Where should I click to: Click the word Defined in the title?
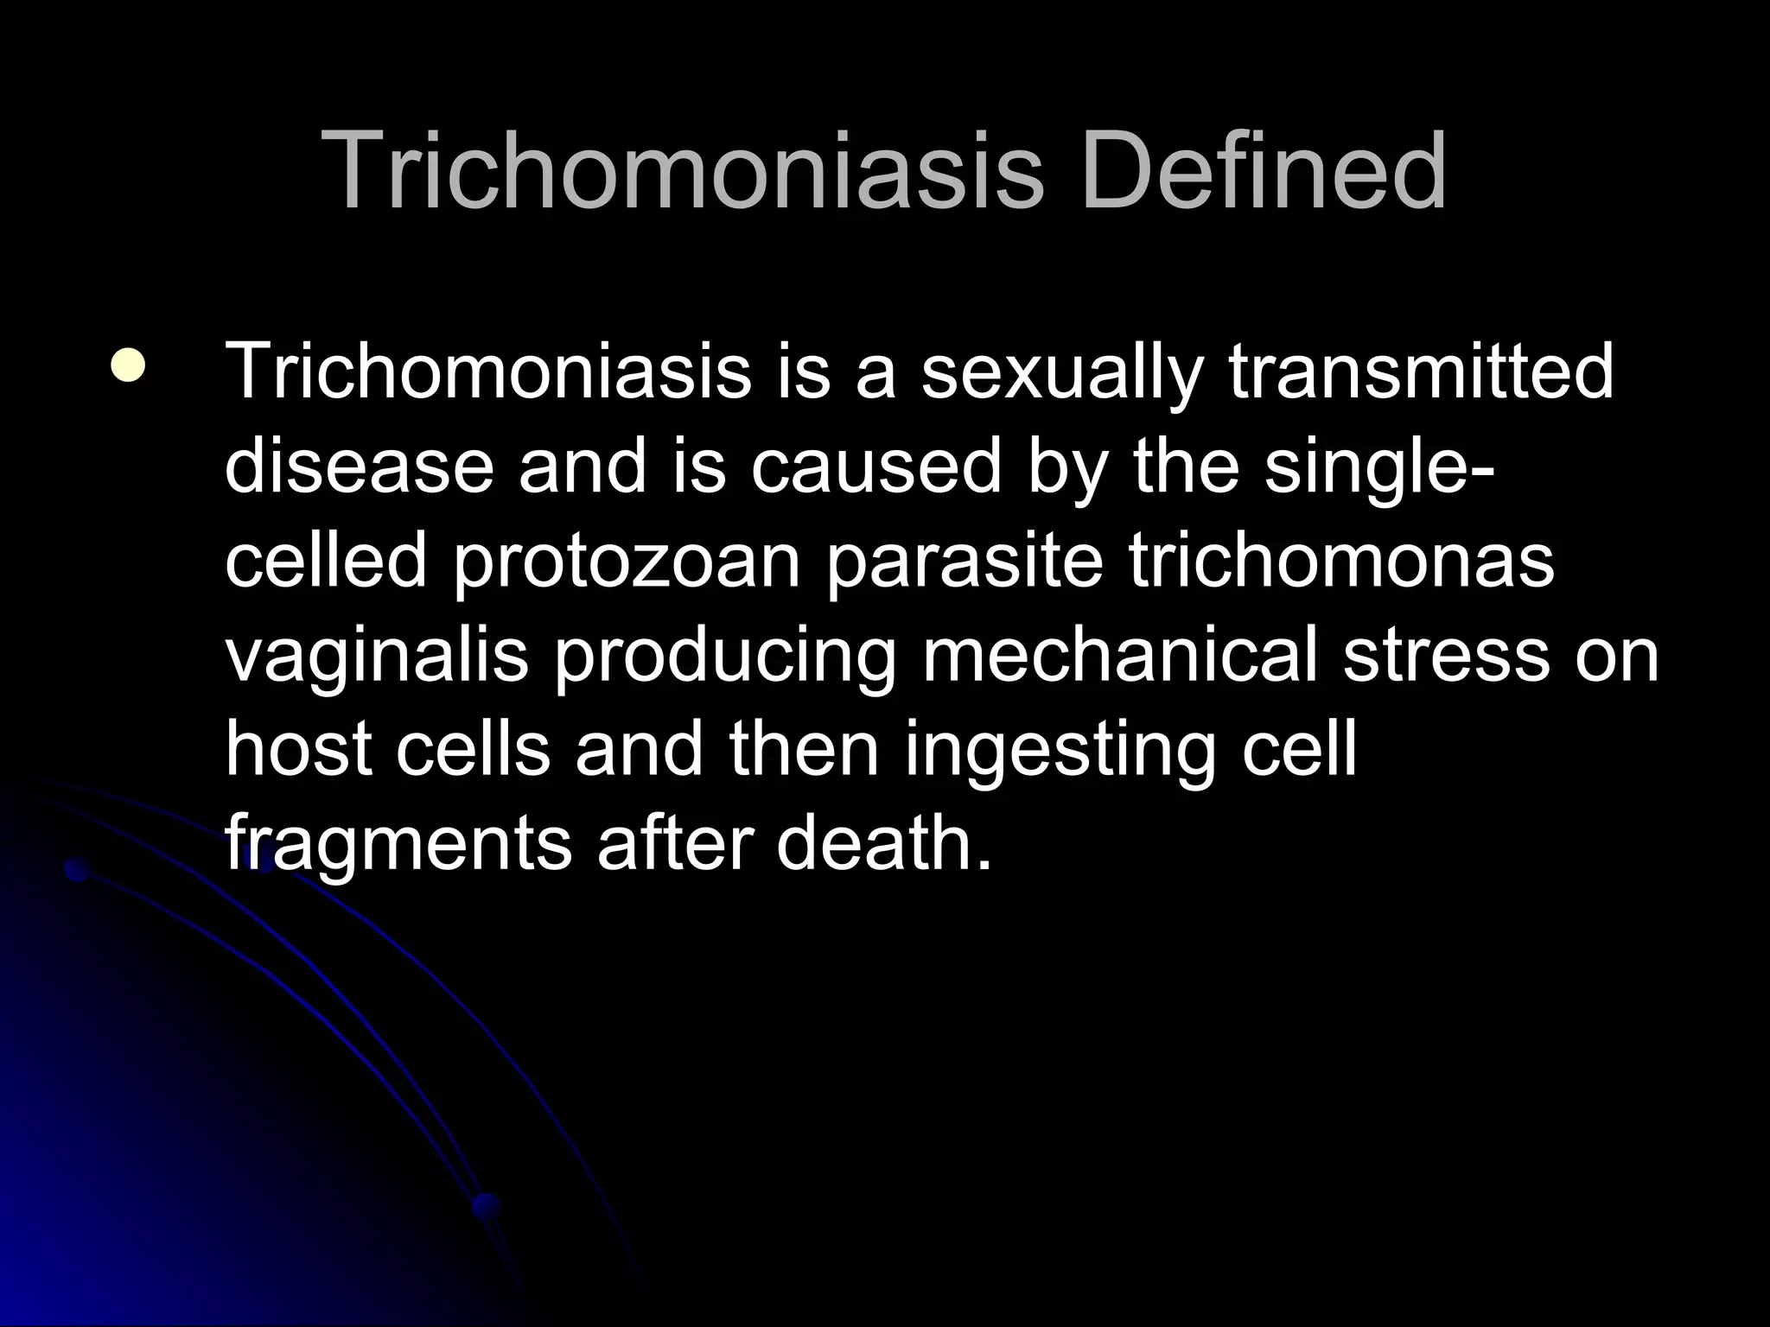(x=1263, y=170)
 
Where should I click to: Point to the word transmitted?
(x=1421, y=372)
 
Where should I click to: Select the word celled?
(x=327, y=561)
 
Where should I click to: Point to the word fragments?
(x=398, y=845)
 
